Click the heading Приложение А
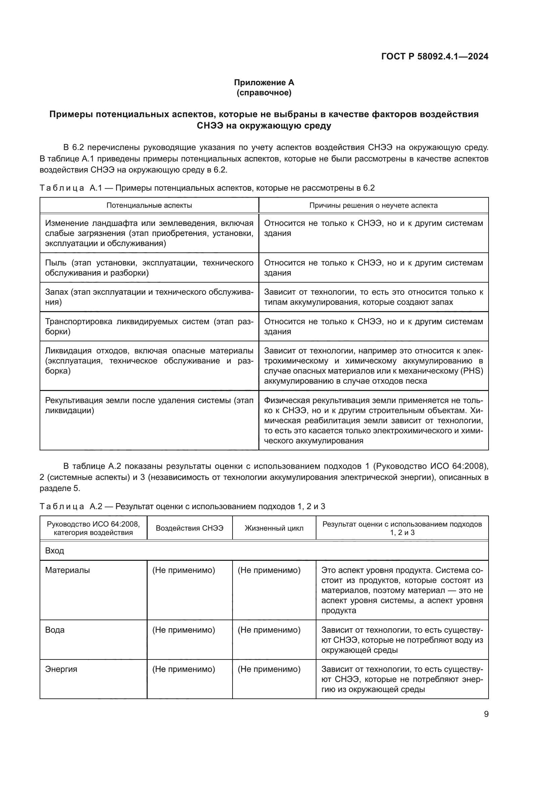pyautogui.click(x=264, y=83)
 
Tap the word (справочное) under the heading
pyautogui.click(x=264, y=93)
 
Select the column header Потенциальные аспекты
pyautogui.click(x=149, y=205)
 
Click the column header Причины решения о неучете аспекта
pyautogui.click(x=373, y=205)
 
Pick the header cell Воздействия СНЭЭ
pyautogui.click(x=189, y=528)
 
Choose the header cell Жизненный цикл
pyautogui.click(x=274, y=528)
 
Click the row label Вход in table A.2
pyautogui.click(x=55, y=551)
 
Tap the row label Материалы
pyautogui.click(x=67, y=570)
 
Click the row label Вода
pyautogui.click(x=55, y=630)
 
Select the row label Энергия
pyautogui.click(x=61, y=669)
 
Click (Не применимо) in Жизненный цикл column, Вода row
pyautogui.click(x=269, y=630)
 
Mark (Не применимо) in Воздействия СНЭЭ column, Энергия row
pyautogui.click(x=184, y=669)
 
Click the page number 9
pyautogui.click(x=486, y=714)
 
